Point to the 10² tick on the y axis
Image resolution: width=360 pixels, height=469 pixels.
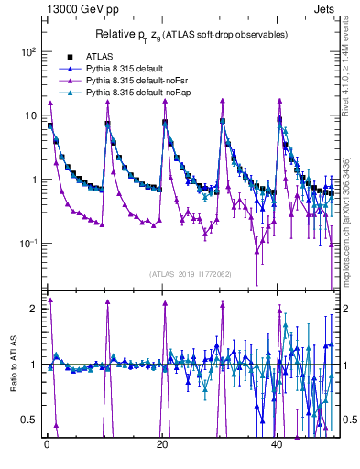28,52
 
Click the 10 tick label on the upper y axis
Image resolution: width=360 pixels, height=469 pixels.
30,116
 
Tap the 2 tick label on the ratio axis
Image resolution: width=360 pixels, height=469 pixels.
34,309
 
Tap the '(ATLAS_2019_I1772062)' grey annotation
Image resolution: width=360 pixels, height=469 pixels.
191,274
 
